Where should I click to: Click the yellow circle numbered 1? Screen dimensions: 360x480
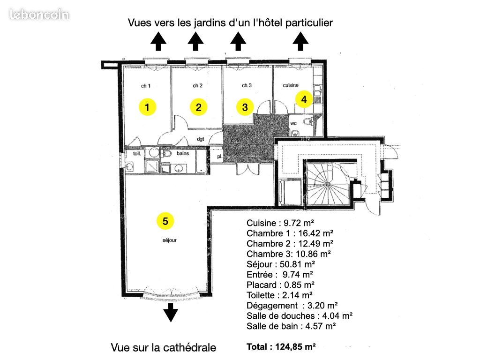pyautogui.click(x=147, y=107)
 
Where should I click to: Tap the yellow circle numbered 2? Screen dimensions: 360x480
pyautogui.click(x=199, y=107)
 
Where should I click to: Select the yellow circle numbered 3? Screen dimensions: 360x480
pyautogui.click(x=245, y=107)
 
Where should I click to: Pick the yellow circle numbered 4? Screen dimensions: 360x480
pyautogui.click(x=304, y=99)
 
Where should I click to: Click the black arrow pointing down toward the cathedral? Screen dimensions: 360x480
pyautogui.click(x=172, y=312)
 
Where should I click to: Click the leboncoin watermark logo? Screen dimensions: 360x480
pyautogui.click(x=39, y=15)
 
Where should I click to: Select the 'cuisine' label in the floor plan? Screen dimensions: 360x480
pyautogui.click(x=291, y=86)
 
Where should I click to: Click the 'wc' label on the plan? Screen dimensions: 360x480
pyautogui.click(x=294, y=123)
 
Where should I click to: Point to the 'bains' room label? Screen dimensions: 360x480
pyautogui.click(x=182, y=153)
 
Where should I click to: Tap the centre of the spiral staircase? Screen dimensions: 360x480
pyautogui.click(x=328, y=184)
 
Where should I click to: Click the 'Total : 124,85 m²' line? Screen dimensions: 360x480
pyautogui.click(x=281, y=347)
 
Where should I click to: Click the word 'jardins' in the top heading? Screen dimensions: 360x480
pyautogui.click(x=207, y=23)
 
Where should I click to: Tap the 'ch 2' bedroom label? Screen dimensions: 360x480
pyautogui.click(x=197, y=86)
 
